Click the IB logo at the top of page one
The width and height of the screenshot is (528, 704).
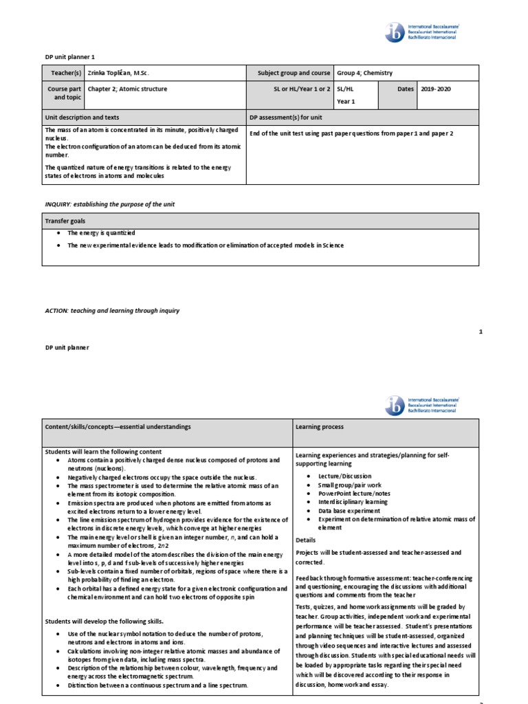pos(421,32)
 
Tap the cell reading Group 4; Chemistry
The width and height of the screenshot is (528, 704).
pos(364,73)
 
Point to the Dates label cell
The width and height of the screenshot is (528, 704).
pos(405,89)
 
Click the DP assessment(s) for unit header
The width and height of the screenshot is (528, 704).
pos(285,118)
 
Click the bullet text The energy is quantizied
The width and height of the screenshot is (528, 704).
pos(101,234)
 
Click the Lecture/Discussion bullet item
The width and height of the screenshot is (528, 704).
pos(344,476)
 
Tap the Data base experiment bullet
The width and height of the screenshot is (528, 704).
pos(349,511)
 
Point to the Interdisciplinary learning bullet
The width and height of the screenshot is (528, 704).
pos(353,502)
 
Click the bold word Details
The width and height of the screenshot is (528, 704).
pos(306,540)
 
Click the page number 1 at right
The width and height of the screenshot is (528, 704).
pos(481,332)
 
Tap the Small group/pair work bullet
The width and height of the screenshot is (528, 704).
pos(349,485)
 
